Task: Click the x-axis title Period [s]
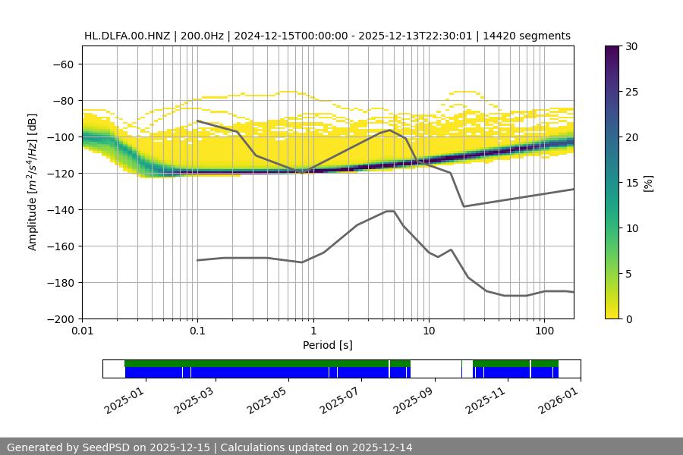coord(328,346)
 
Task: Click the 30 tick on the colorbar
coord(631,46)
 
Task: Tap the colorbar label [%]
coord(648,182)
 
